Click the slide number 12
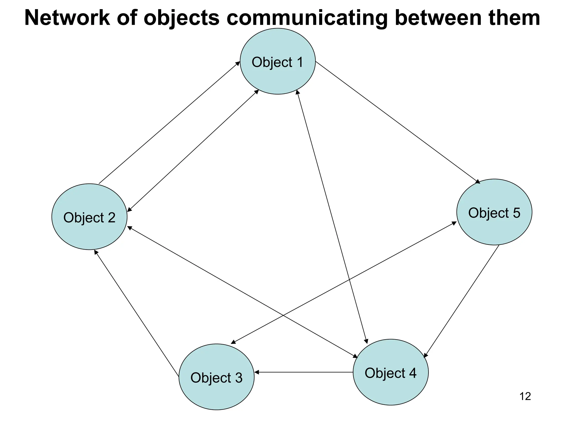pos(525,396)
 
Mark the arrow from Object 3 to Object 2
pos(137,313)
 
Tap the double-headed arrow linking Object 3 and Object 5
pos(343,283)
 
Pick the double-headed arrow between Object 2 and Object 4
pos(242,292)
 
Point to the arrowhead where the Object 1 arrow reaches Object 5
pos(478,182)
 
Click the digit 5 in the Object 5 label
pos(516,213)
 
